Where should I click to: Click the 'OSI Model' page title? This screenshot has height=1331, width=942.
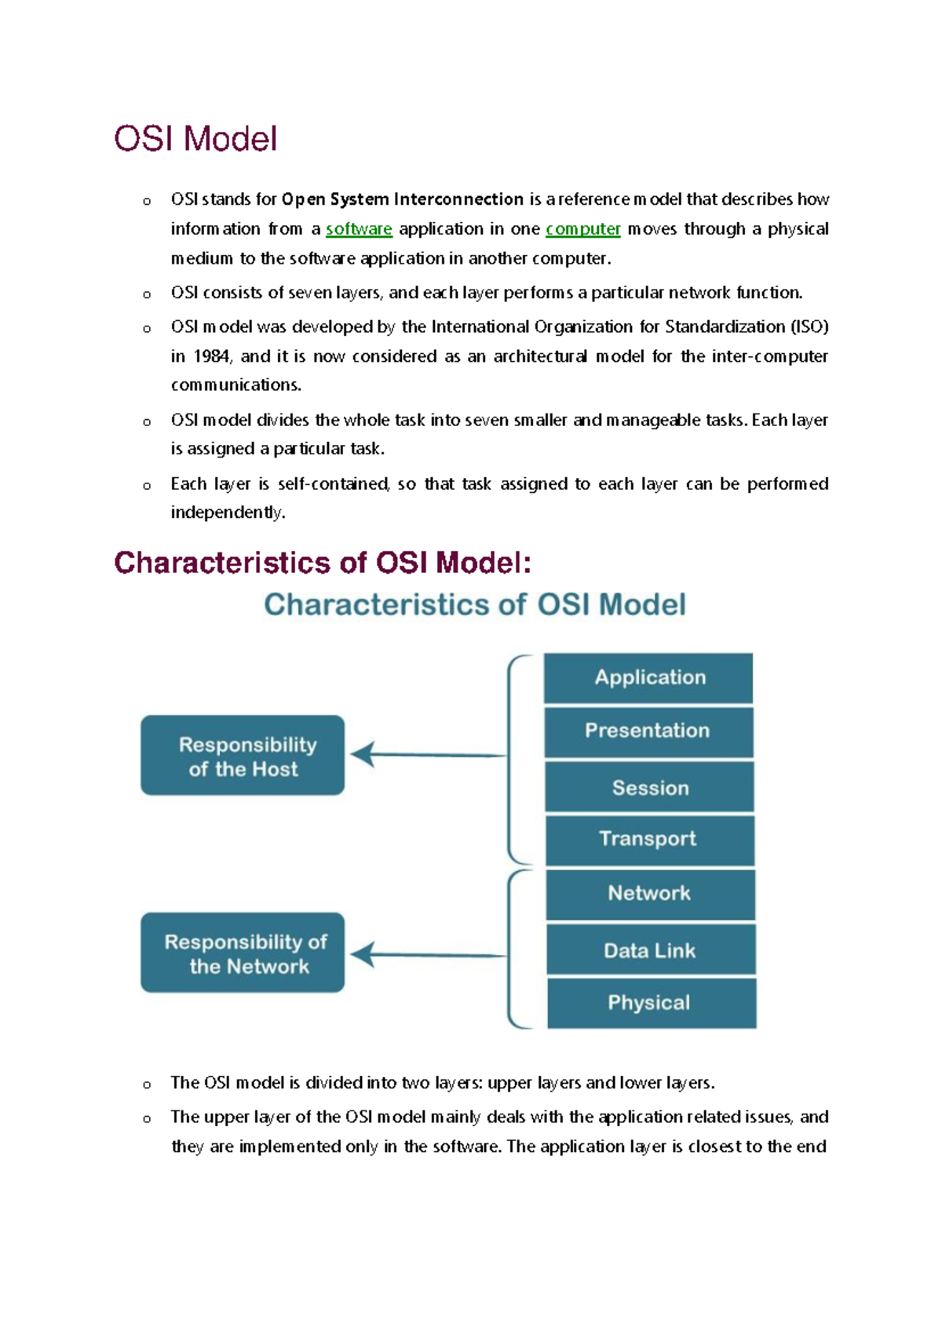pos(195,139)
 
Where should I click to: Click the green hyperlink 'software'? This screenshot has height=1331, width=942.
pos(359,229)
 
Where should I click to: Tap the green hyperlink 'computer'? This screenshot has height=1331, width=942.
pos(582,229)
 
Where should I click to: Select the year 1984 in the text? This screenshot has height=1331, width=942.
pos(212,356)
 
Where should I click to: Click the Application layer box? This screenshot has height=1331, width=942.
pos(648,678)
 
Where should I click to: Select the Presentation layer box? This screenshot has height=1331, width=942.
pos(648,731)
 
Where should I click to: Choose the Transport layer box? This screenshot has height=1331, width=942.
pos(649,840)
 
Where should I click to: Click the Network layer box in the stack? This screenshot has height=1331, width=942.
pos(650,894)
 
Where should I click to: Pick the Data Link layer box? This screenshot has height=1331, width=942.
pos(651,950)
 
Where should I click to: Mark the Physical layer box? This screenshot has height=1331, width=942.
pos(651,1003)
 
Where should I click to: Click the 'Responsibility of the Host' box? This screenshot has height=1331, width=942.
pos(243,755)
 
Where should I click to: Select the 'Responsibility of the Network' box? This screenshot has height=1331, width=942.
pos(243,953)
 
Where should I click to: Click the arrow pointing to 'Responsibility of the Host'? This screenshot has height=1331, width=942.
pos(428,755)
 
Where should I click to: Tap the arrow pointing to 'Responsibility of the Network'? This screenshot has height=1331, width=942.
pos(428,955)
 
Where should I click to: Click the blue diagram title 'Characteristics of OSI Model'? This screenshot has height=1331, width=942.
pos(474,605)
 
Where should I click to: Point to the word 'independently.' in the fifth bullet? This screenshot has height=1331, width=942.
pos(228,512)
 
